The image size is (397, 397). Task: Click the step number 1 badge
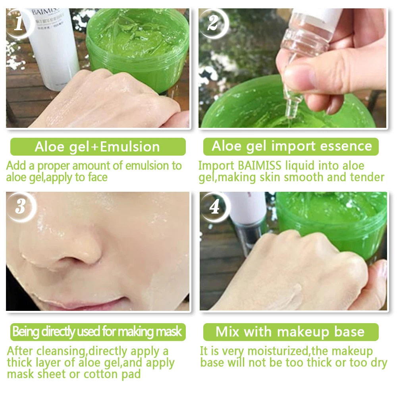[x=18, y=23]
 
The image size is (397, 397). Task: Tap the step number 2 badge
[x=213, y=23]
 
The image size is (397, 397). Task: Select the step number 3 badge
[x=20, y=206]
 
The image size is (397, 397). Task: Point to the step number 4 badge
[x=214, y=206]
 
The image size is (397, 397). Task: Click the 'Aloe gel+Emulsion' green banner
[x=98, y=146]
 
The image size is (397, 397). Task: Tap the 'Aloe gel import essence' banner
[x=291, y=146]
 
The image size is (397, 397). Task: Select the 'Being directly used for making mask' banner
[x=98, y=331]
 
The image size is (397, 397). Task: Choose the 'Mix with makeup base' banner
[x=291, y=331]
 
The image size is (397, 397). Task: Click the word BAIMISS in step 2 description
[x=260, y=166]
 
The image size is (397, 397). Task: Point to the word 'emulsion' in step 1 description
[x=147, y=166]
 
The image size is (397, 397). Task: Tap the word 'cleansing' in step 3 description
[x=60, y=351]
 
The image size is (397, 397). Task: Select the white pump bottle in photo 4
[x=248, y=218]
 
